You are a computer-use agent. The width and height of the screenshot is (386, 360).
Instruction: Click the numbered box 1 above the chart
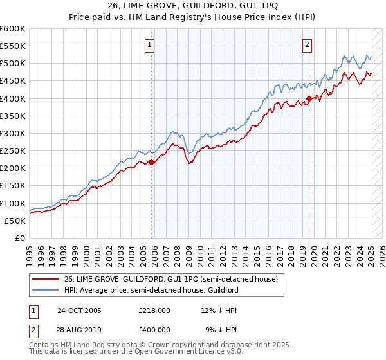tap(149, 45)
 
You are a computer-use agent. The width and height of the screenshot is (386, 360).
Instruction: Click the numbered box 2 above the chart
tap(307, 45)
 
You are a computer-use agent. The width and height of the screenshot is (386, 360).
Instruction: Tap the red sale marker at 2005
tap(152, 163)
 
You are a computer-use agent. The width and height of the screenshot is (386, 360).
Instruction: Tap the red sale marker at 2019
tap(309, 99)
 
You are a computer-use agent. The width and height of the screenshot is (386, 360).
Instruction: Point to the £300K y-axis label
tap(13, 134)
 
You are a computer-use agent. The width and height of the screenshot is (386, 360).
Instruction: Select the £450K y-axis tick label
tap(13, 81)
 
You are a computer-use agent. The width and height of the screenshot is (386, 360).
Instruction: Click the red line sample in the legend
tap(46, 279)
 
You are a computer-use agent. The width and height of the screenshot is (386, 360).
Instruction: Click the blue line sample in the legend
tap(46, 290)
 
